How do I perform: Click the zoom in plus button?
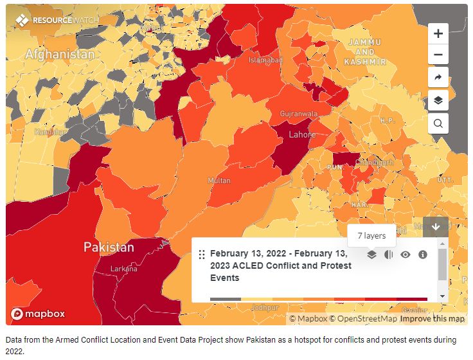pos(438,33)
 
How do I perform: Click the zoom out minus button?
pos(438,55)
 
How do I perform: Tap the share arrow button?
pos(438,77)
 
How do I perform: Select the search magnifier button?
pos(438,123)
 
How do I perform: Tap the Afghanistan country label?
pos(59,55)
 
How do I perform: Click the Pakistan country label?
pos(109,248)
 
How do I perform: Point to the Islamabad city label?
pos(265,60)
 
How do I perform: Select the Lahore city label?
pos(302,135)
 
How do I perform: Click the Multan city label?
pos(219,181)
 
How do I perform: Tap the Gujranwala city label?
pos(299,114)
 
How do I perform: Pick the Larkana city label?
pos(123,269)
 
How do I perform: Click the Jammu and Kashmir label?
pos(364,52)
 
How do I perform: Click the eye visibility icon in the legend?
pos(406,255)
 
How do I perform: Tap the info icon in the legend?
pos(423,255)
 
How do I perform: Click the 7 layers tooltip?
pos(371,235)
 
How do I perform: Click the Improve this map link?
pos(431,319)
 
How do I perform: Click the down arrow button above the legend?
pos(436,226)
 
